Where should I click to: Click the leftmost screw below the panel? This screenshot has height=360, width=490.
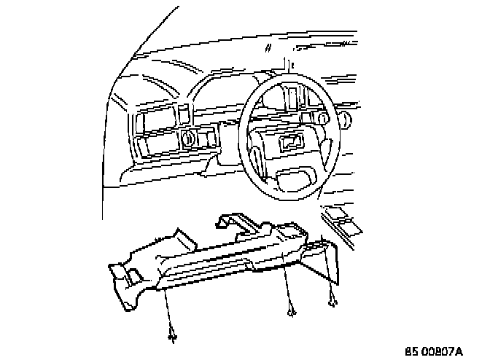pos(173,336)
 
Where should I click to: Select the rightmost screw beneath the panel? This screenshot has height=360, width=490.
pos(332,300)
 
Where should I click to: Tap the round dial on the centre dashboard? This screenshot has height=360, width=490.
pos(187,137)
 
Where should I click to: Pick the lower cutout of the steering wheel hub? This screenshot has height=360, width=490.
pos(295,176)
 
